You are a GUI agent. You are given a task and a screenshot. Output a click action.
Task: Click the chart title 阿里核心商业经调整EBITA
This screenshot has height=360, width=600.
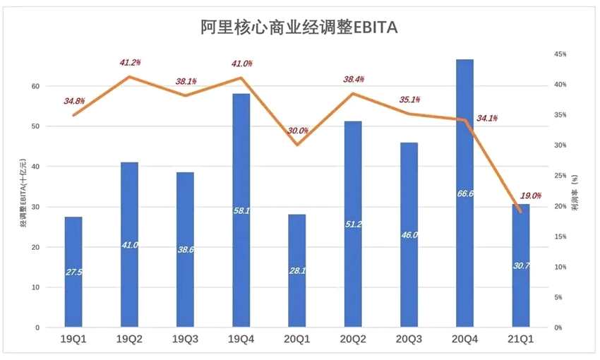click(x=299, y=27)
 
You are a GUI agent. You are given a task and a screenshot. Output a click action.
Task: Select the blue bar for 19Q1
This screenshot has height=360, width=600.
click(x=73, y=272)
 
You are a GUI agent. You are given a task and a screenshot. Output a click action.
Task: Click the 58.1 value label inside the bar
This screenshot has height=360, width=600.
click(x=241, y=210)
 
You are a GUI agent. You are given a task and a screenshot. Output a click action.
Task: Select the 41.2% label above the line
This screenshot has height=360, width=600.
click(x=131, y=63)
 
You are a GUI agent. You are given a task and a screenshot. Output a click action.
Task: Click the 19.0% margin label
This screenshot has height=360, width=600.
click(x=529, y=196)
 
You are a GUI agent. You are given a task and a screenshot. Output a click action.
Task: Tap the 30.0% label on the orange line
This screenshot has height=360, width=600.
click(x=297, y=131)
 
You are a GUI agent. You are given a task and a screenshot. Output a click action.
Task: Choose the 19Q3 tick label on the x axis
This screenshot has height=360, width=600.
click(x=185, y=339)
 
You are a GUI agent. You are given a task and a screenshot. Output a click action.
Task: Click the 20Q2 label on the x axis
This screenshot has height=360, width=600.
click(x=352, y=339)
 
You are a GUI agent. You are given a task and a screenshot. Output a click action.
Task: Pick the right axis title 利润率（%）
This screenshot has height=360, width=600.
click(x=576, y=191)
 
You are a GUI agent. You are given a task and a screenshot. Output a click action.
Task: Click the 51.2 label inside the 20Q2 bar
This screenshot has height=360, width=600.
click(x=353, y=224)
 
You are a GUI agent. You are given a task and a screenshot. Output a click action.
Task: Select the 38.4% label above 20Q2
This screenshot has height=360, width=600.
click(x=353, y=79)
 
